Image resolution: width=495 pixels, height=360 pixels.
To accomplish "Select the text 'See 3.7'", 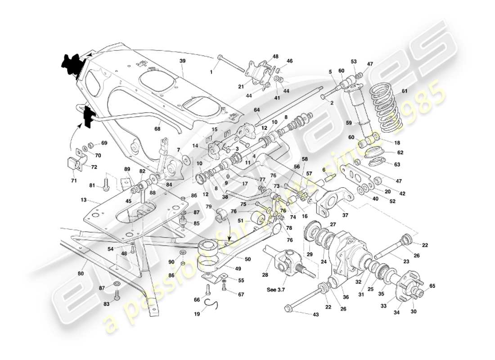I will [x=276, y=290].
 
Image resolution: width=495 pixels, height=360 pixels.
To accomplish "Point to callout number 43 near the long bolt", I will [x=315, y=315].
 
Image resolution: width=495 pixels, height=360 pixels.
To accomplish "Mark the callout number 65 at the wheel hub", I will [x=432, y=285].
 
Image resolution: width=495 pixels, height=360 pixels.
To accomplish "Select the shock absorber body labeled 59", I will [x=359, y=108].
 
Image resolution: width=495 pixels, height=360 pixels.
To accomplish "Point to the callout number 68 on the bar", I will [x=157, y=129].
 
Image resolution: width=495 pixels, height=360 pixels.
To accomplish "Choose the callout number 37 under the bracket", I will [x=345, y=215].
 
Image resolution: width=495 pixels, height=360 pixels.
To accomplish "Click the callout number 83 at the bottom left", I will [x=106, y=305].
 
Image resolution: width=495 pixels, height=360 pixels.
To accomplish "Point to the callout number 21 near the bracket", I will [x=241, y=86].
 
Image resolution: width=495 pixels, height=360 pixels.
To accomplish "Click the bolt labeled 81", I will [x=107, y=184].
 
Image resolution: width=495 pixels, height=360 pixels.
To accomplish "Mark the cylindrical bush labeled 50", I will [x=209, y=250].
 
